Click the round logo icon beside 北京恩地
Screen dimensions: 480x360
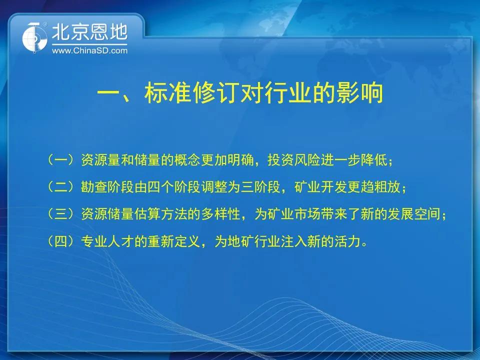(34, 38)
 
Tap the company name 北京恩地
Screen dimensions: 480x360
(89, 32)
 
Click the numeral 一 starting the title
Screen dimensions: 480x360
(108, 93)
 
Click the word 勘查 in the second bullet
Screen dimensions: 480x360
(94, 186)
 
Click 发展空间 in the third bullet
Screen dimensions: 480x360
(413, 214)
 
